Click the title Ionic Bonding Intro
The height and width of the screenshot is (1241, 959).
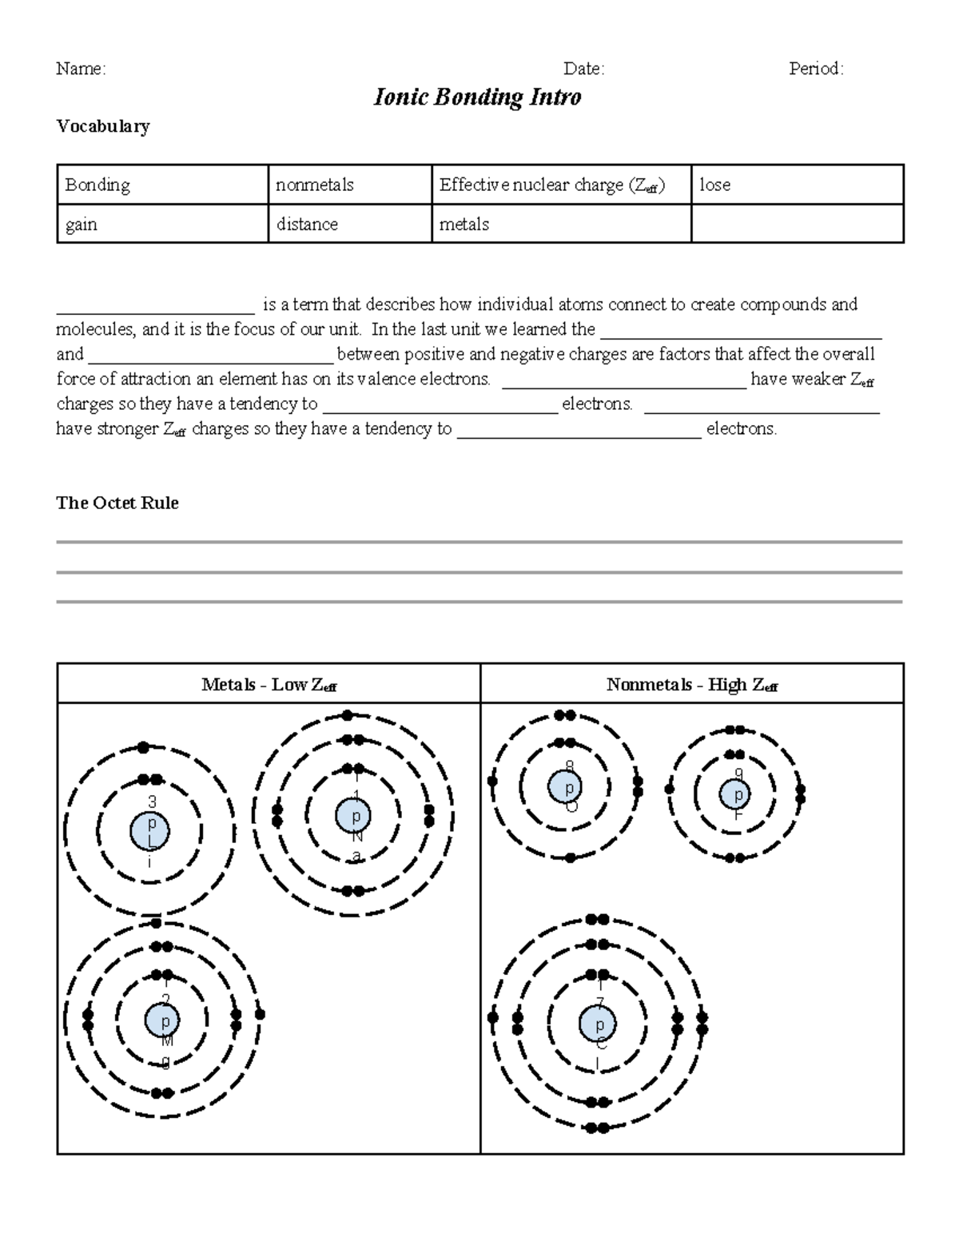click(477, 97)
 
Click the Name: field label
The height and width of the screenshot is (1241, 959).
click(81, 70)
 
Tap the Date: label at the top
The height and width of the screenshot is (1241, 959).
click(583, 70)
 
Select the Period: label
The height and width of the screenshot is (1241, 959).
click(816, 70)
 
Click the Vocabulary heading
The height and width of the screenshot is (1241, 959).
click(103, 126)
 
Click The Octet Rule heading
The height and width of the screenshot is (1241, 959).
click(117, 503)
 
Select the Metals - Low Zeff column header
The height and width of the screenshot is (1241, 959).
click(269, 685)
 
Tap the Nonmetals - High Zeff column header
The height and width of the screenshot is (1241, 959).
click(691, 685)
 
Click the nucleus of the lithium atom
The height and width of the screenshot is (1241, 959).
click(149, 832)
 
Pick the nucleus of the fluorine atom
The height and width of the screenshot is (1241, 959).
click(736, 795)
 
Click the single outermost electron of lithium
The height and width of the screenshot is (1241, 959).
click(144, 748)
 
